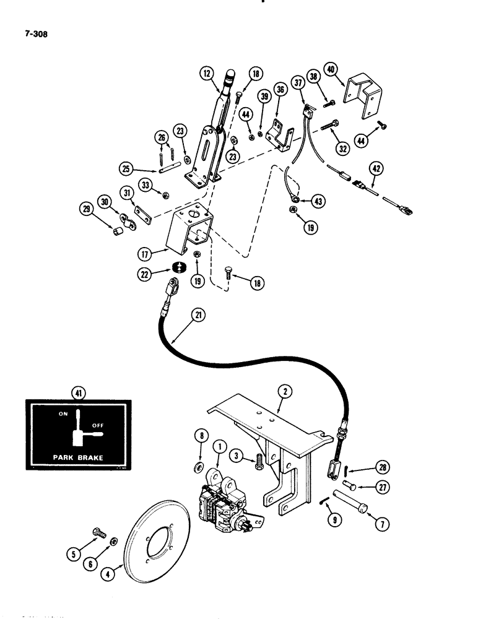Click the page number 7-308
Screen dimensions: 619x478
(34, 35)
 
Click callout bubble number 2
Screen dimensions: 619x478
(286, 391)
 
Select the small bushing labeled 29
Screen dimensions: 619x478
(116, 233)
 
